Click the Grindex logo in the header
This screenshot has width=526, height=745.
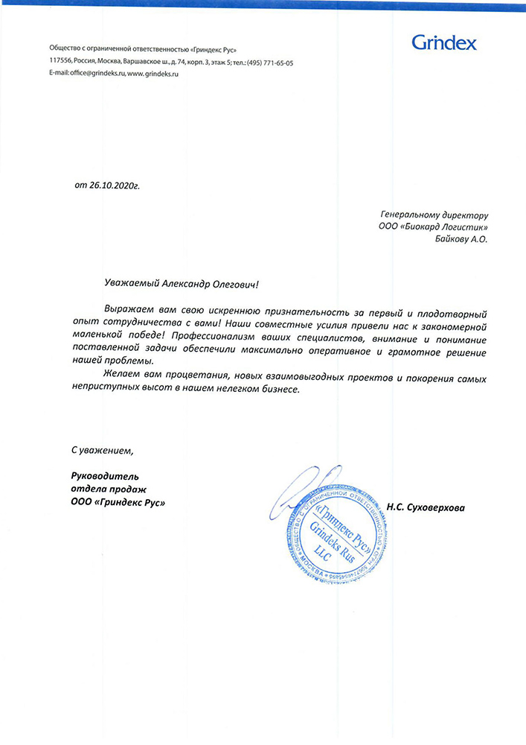[444, 42]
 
